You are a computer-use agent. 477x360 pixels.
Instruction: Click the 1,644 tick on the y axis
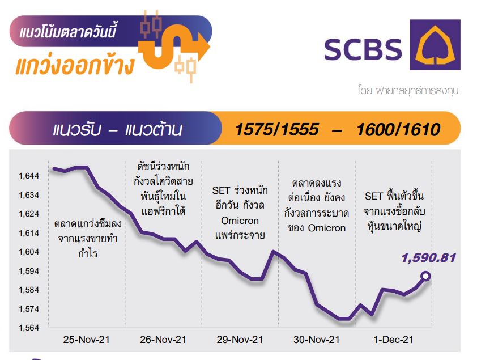(29, 176)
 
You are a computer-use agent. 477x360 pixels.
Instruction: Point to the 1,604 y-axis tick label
(29, 252)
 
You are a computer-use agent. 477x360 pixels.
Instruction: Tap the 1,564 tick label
(29, 328)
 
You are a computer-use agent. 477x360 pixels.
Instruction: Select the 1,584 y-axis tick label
(29, 290)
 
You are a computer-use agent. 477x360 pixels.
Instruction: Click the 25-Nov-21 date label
(87, 340)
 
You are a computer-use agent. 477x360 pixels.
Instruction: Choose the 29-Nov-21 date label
(240, 340)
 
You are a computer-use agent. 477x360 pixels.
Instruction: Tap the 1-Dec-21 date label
(393, 340)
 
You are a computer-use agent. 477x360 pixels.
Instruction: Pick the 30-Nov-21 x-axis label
(316, 340)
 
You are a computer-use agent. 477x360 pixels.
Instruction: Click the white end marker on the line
(426, 276)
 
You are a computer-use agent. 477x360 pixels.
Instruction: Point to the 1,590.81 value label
(429, 258)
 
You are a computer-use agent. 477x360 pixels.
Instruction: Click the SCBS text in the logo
(363, 49)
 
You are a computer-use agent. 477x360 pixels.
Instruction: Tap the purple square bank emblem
(435, 45)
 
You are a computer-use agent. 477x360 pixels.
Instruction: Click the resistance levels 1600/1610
(398, 129)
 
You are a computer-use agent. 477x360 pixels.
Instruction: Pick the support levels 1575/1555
(277, 129)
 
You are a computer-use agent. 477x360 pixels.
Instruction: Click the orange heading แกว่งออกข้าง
(75, 65)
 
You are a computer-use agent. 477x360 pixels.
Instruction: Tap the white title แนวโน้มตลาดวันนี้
(67, 31)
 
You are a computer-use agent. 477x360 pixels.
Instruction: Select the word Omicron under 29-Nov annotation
(240, 221)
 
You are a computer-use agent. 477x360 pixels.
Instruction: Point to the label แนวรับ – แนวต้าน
(117, 129)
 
